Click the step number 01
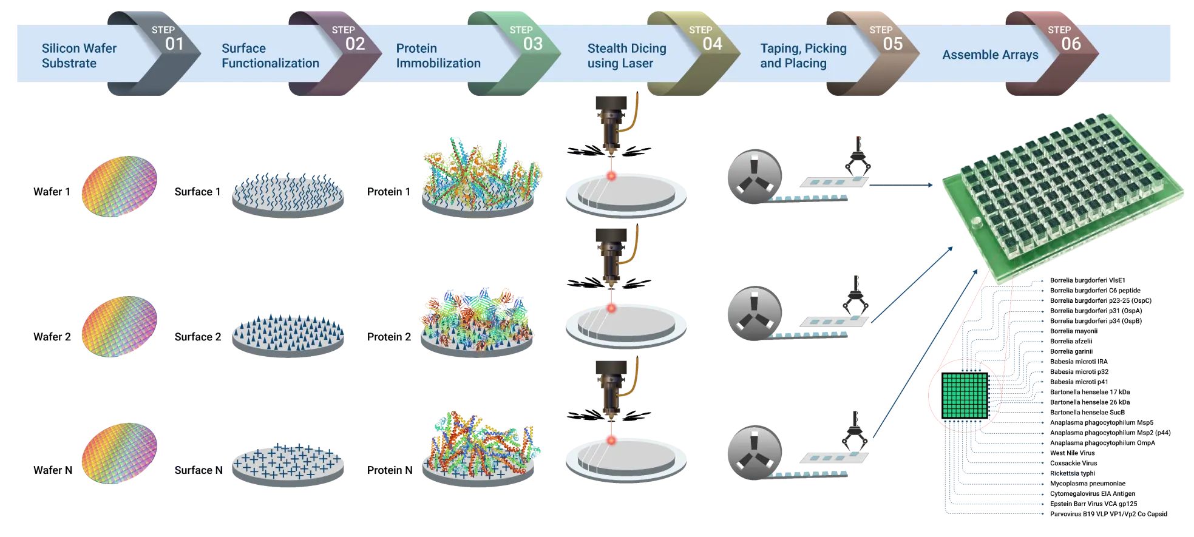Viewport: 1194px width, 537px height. tap(174, 44)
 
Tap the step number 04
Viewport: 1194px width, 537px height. tap(712, 44)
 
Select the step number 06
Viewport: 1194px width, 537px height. tap(1071, 44)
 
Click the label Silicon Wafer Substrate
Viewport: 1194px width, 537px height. tap(79, 56)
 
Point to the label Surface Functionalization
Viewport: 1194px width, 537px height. tap(270, 56)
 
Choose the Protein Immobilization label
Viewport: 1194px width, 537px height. tap(438, 56)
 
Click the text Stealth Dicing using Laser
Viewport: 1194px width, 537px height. tap(626, 56)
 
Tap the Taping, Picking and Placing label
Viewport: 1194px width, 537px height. tap(803, 56)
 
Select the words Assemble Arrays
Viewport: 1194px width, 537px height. tap(990, 55)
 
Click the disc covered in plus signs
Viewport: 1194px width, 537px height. tap(288, 464)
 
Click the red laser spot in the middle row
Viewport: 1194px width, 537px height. tap(611, 308)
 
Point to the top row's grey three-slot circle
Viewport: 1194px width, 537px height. tap(753, 175)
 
